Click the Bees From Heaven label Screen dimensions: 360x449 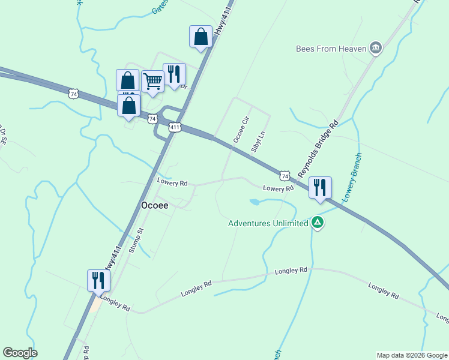point(331,49)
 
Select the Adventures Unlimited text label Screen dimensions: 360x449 point(268,224)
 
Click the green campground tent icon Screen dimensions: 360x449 point(318,223)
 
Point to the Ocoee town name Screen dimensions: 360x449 point(154,205)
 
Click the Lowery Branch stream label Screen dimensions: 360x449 point(352,178)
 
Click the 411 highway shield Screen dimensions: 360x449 point(175,127)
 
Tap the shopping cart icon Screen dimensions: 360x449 point(153,81)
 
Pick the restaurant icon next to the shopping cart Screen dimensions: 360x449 point(174,74)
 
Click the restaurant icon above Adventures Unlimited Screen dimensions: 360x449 point(320,187)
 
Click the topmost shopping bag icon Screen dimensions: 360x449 point(200,37)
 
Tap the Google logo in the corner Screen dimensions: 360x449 point(20,353)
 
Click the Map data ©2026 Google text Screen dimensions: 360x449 point(412,355)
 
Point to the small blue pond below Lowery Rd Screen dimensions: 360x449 point(255,202)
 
